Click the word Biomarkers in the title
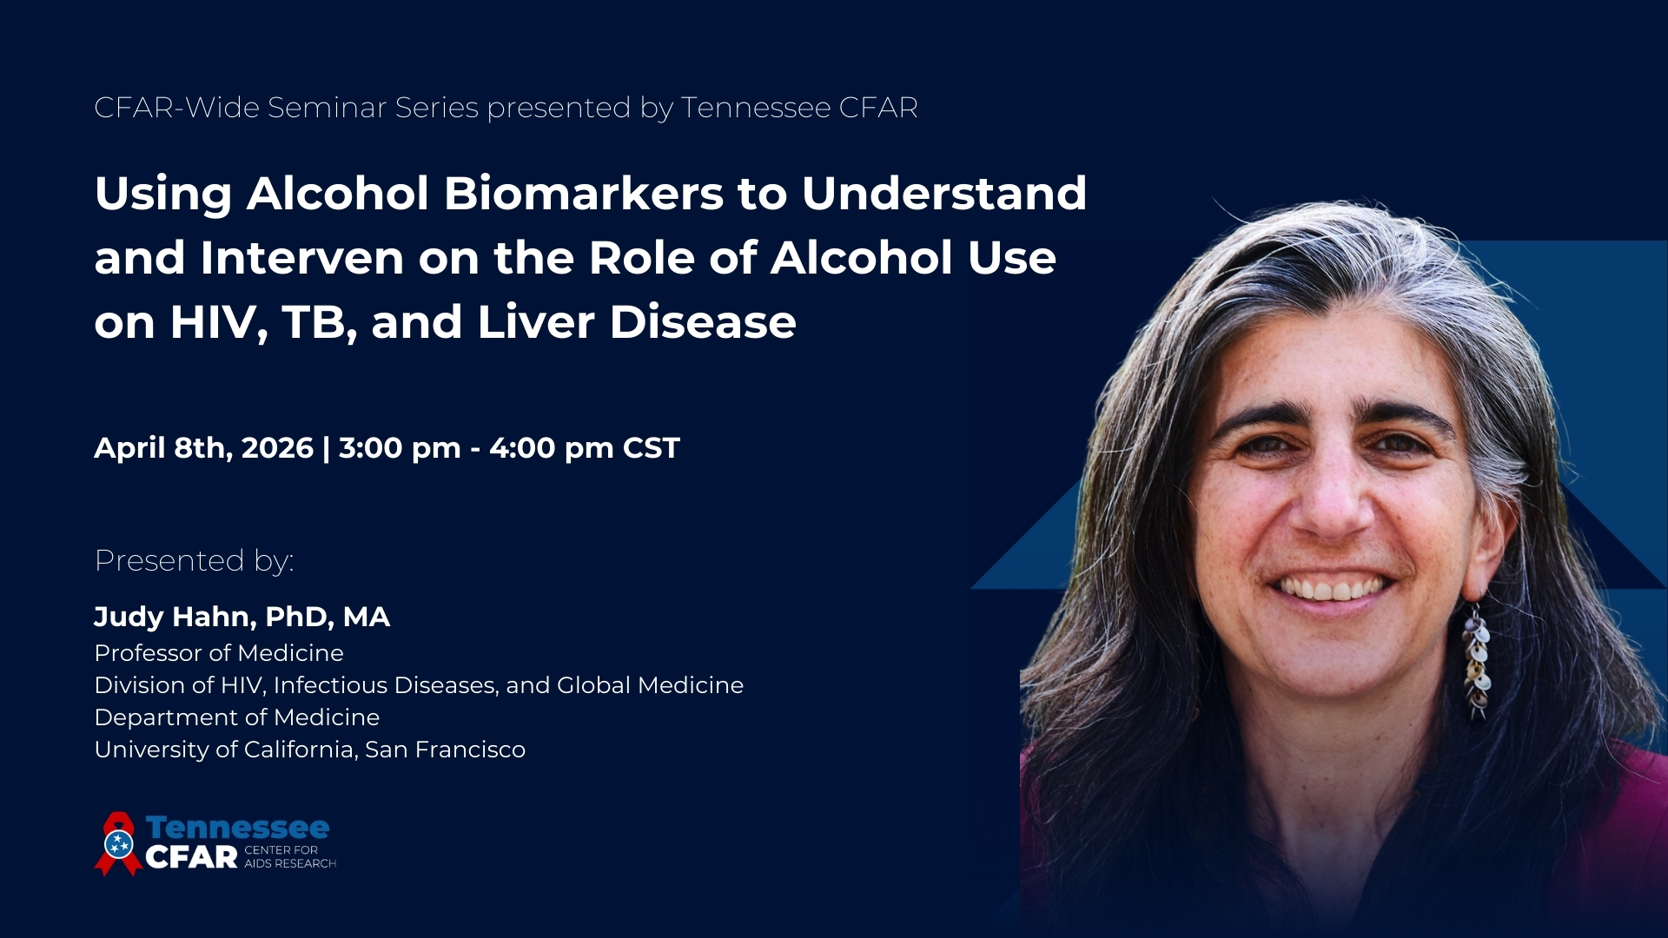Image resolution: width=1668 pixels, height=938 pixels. [x=583, y=193]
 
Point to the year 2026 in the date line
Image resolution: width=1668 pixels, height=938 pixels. [x=276, y=448]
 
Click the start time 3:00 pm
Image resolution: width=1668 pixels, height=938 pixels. [x=400, y=449]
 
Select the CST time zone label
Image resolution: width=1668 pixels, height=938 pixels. [x=652, y=448]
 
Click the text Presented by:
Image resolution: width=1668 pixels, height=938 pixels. [x=194, y=561]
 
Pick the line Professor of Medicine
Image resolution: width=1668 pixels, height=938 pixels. [x=219, y=653]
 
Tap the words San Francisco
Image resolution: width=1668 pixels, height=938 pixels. [x=445, y=750]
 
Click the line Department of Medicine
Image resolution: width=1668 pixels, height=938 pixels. [x=237, y=718]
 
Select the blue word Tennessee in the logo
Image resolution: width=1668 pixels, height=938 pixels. [x=237, y=827]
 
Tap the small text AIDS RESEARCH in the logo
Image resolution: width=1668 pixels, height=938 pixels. [x=290, y=863]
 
